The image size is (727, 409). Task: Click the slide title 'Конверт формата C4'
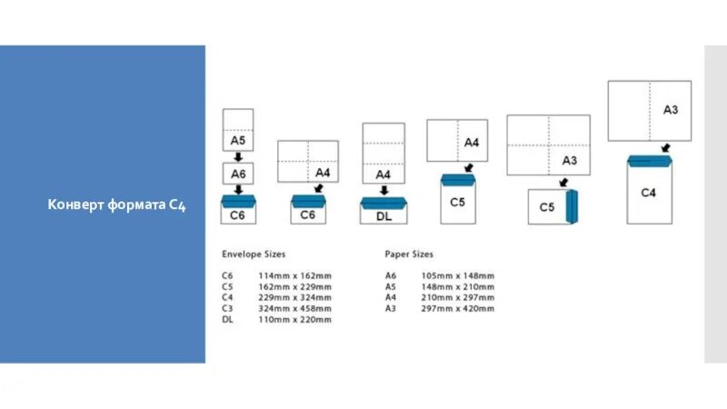click(x=116, y=206)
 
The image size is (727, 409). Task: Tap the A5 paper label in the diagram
click(x=237, y=141)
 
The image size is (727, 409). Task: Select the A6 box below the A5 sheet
click(x=237, y=173)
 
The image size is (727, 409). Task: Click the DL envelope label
click(x=383, y=216)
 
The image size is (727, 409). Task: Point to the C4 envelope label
click(x=648, y=193)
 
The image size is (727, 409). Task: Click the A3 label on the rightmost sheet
click(x=671, y=110)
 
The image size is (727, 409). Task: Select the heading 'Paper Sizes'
click(x=409, y=254)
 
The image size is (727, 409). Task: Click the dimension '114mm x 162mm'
click(x=295, y=275)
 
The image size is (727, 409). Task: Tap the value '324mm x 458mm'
click(x=295, y=308)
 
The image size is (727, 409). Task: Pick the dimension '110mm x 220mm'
click(x=295, y=319)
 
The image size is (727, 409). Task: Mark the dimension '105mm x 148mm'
click(x=458, y=275)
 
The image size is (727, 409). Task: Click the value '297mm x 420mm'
click(x=458, y=308)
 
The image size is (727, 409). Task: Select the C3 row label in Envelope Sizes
click(x=227, y=308)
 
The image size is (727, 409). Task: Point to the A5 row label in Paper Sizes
click(x=391, y=286)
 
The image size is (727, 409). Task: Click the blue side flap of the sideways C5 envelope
click(x=573, y=205)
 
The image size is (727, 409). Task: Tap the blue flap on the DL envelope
click(x=383, y=203)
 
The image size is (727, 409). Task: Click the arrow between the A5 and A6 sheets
click(x=237, y=157)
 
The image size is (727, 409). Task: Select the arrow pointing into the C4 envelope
click(x=665, y=147)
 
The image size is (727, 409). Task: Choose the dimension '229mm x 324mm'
click(x=295, y=297)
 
